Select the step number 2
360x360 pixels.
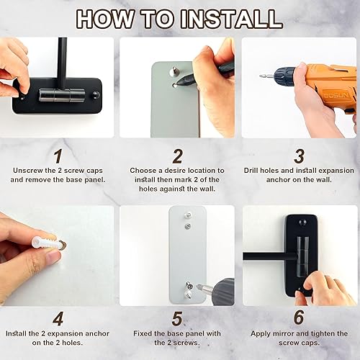(179, 156)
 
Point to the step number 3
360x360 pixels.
(300, 156)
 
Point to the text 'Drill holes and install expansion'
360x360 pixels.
(298, 171)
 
